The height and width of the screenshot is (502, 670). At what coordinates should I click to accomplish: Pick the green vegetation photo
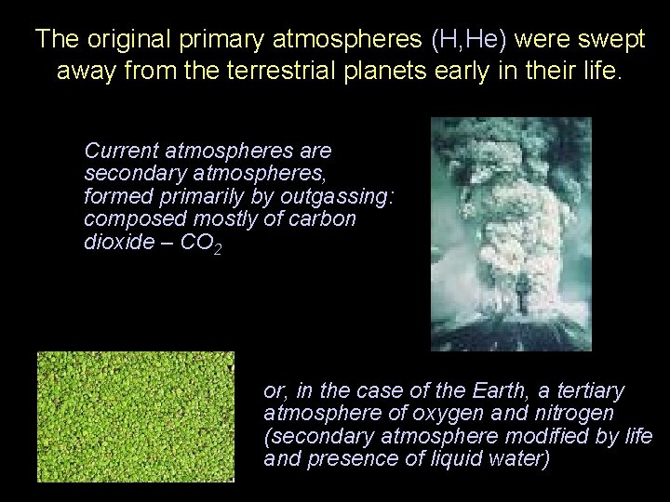tap(137, 416)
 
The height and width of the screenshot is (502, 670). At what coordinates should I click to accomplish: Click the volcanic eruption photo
tap(511, 233)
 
